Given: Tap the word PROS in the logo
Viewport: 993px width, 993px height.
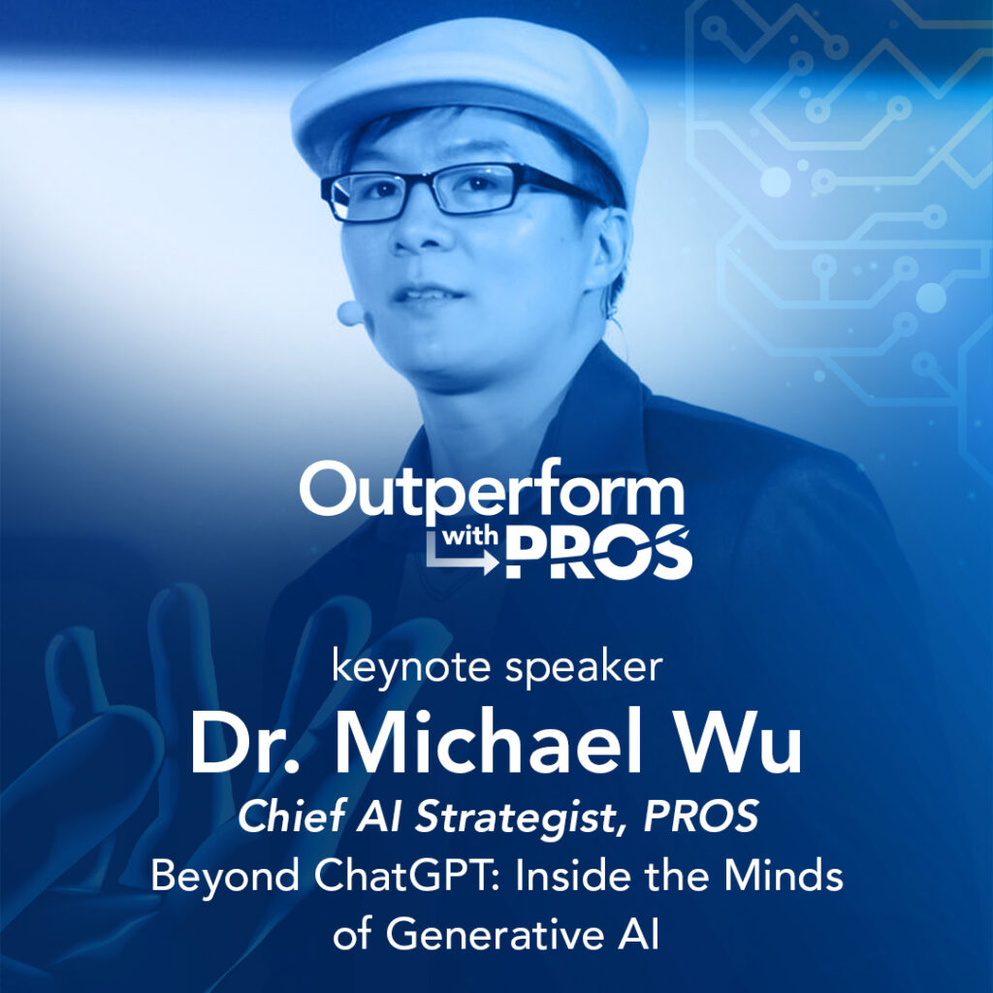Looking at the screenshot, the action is (x=598, y=552).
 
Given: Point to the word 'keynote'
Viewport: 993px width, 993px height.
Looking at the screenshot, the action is (x=411, y=668).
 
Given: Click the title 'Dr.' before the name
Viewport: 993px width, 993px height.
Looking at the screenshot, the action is (x=243, y=742).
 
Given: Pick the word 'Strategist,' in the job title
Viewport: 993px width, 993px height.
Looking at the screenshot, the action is (x=520, y=816).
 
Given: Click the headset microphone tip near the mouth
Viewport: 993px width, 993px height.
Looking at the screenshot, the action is (x=349, y=313).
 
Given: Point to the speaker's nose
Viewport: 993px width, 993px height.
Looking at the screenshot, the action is (x=417, y=228).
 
